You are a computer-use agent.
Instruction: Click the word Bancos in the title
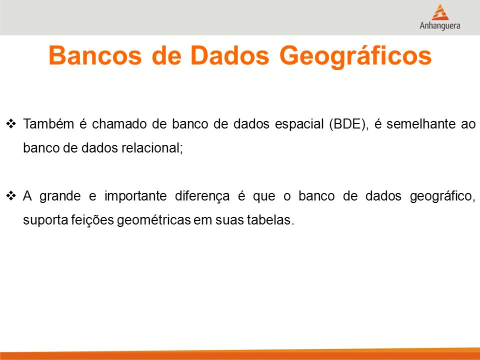(95, 55)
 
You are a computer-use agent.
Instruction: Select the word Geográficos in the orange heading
(355, 57)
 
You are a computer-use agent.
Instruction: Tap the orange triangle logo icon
(440, 12)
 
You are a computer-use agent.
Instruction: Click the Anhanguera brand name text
(440, 25)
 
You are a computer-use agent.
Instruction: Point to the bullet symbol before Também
(11, 123)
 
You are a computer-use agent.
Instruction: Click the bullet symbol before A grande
(11, 195)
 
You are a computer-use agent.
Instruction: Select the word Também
(48, 123)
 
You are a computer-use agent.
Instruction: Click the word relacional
(152, 148)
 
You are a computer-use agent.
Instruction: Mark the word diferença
(202, 196)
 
